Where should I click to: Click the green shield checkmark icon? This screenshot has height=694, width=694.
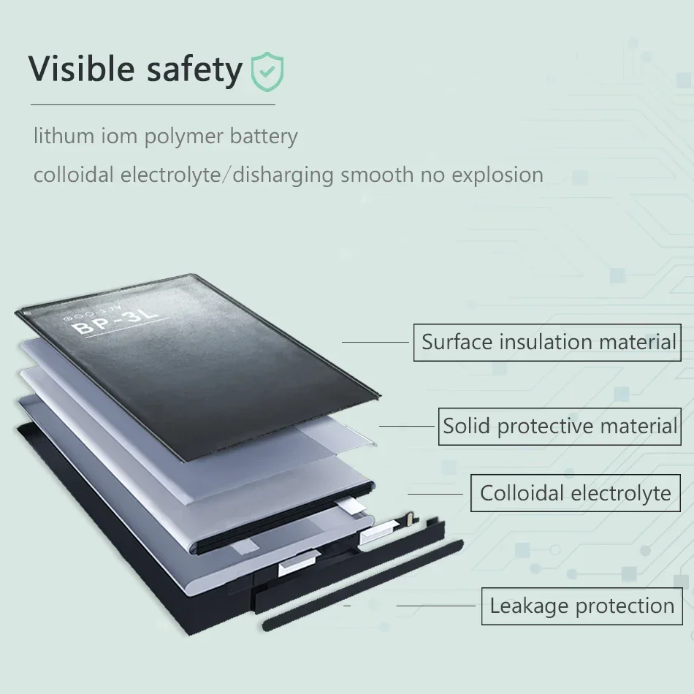[267, 71]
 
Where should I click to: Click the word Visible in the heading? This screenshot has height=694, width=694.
[81, 69]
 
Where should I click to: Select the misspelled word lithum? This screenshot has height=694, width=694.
[64, 137]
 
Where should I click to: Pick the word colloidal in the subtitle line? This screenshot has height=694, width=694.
[73, 175]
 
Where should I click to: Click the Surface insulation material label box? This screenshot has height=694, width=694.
[547, 342]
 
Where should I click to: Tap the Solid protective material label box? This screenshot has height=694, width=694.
[559, 426]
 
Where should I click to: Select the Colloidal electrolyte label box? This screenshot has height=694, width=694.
[575, 493]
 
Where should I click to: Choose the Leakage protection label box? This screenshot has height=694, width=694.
[581, 606]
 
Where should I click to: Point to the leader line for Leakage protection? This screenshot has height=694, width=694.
[435, 606]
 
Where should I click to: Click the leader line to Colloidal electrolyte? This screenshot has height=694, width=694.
[435, 493]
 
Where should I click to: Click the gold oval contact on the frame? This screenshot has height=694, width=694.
[407, 519]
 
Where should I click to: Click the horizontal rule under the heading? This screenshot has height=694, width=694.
[152, 104]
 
